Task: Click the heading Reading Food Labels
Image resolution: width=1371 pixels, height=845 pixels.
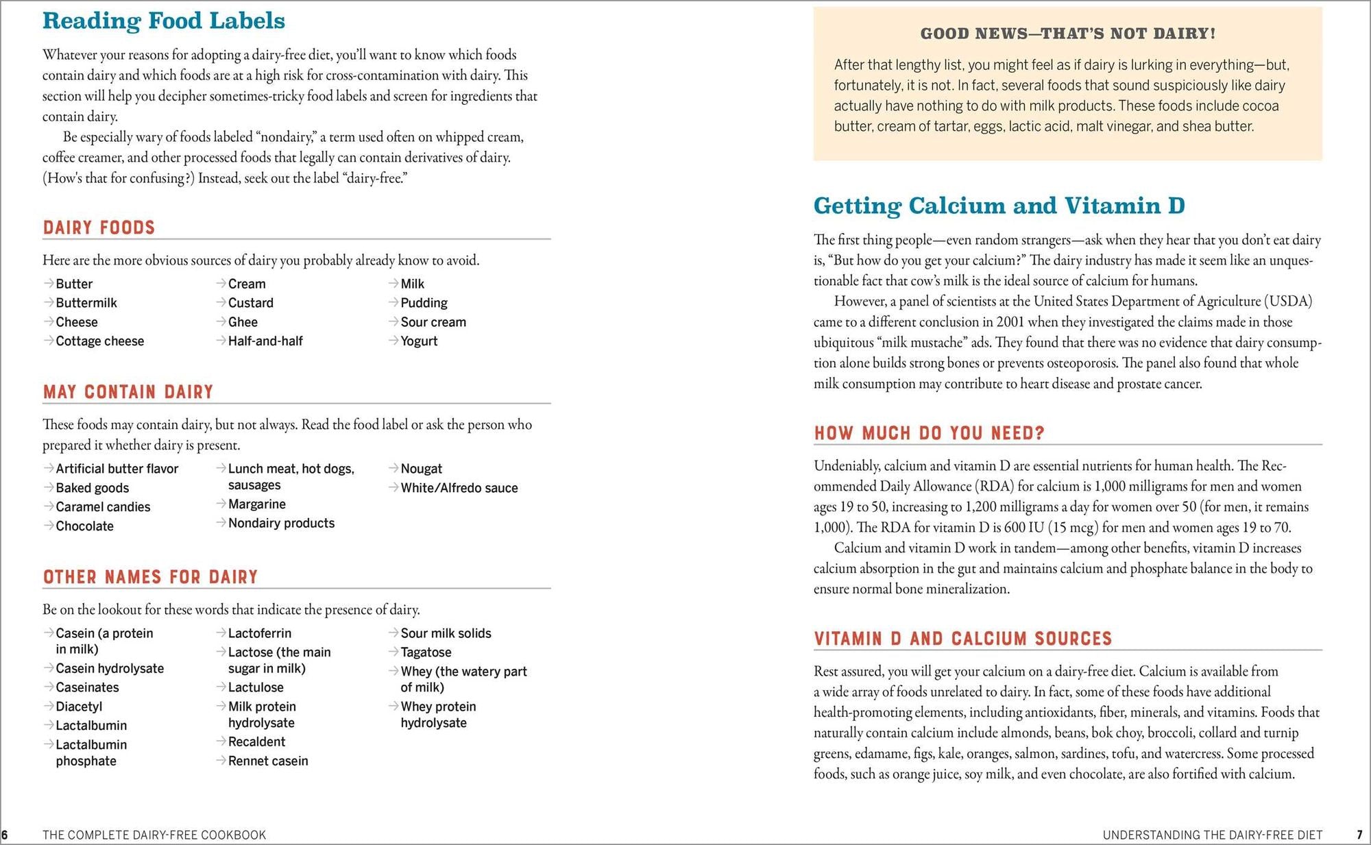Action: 163,21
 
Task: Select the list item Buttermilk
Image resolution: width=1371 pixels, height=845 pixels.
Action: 86,303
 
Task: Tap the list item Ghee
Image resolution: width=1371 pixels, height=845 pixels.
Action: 243,322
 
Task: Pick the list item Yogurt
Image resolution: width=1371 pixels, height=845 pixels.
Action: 419,341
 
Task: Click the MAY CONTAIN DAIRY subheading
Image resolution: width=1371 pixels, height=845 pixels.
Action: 128,392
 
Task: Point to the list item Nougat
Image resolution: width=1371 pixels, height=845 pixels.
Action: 421,469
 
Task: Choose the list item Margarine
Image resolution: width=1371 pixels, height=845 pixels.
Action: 256,504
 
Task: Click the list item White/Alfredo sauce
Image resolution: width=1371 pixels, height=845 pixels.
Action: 459,488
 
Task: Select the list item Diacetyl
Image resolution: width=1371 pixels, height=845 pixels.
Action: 79,707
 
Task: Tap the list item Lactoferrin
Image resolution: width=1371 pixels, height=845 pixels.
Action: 259,633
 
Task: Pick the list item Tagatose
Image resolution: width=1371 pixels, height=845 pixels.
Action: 426,652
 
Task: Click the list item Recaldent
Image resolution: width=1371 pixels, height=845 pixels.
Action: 256,742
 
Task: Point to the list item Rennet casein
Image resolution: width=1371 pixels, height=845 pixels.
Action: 268,761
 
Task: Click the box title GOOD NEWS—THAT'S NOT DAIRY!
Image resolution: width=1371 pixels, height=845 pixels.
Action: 1067,34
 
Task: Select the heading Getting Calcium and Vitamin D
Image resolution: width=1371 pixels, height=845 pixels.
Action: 999,206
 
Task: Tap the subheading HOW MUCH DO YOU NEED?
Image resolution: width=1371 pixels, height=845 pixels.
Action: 929,433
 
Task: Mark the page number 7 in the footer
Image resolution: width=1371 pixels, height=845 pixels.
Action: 1359,835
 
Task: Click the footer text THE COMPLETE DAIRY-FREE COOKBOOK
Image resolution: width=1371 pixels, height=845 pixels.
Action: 154,835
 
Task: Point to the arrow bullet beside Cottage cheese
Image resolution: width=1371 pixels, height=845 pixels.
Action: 49,341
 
